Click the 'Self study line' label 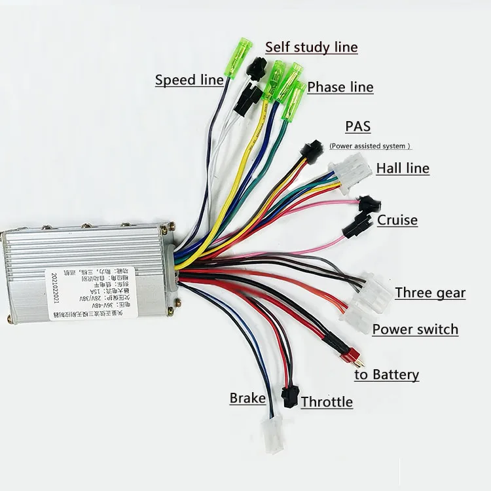(x=311, y=47)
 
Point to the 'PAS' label (x=357, y=126)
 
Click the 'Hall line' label (x=403, y=168)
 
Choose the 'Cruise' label (x=397, y=220)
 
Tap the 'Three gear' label (x=430, y=293)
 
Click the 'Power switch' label (x=415, y=329)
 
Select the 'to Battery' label (x=386, y=374)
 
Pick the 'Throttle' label (x=327, y=402)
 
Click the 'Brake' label (x=247, y=398)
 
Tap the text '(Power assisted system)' (x=370, y=146)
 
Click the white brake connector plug (x=271, y=433)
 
